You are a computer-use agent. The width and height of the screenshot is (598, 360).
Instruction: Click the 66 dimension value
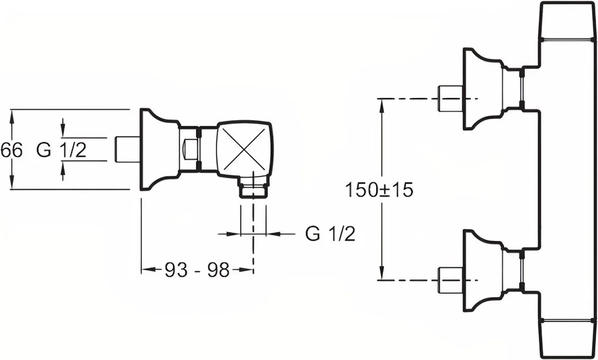(11, 150)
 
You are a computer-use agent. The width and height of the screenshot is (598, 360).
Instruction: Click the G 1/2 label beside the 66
(62, 150)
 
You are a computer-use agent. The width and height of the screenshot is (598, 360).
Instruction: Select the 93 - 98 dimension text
(197, 270)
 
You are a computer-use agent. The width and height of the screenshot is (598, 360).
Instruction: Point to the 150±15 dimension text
(379, 190)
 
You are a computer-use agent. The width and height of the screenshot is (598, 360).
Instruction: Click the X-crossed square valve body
(244, 149)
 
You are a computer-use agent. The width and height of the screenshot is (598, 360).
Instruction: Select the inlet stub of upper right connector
(450, 99)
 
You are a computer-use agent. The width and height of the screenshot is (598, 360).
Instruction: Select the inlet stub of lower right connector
(450, 280)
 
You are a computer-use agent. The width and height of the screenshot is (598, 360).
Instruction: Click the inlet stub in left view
(127, 149)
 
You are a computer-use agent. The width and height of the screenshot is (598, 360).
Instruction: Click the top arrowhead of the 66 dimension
(12, 115)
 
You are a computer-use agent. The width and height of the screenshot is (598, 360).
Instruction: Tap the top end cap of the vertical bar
(567, 20)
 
